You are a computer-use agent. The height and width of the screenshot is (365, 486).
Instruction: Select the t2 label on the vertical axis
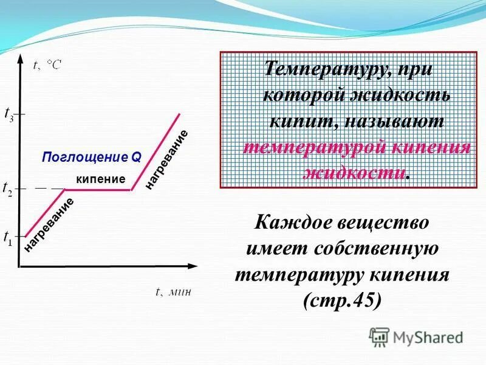click(x=9, y=189)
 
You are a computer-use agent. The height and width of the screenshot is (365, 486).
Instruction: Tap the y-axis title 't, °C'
click(x=47, y=66)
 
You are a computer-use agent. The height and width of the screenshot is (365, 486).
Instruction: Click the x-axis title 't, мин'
click(x=173, y=291)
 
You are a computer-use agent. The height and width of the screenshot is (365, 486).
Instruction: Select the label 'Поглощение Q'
click(x=92, y=157)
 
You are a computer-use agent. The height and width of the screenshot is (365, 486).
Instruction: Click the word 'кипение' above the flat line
click(x=100, y=179)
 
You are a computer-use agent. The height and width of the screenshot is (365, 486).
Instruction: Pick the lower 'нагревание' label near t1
click(x=49, y=224)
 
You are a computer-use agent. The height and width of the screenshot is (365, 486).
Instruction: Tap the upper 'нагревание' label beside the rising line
click(x=166, y=159)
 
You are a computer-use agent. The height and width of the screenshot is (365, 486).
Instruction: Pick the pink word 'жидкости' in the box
click(x=353, y=172)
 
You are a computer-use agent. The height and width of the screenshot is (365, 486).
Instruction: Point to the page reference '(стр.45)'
click(x=342, y=301)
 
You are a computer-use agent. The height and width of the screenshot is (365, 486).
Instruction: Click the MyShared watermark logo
click(x=416, y=336)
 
